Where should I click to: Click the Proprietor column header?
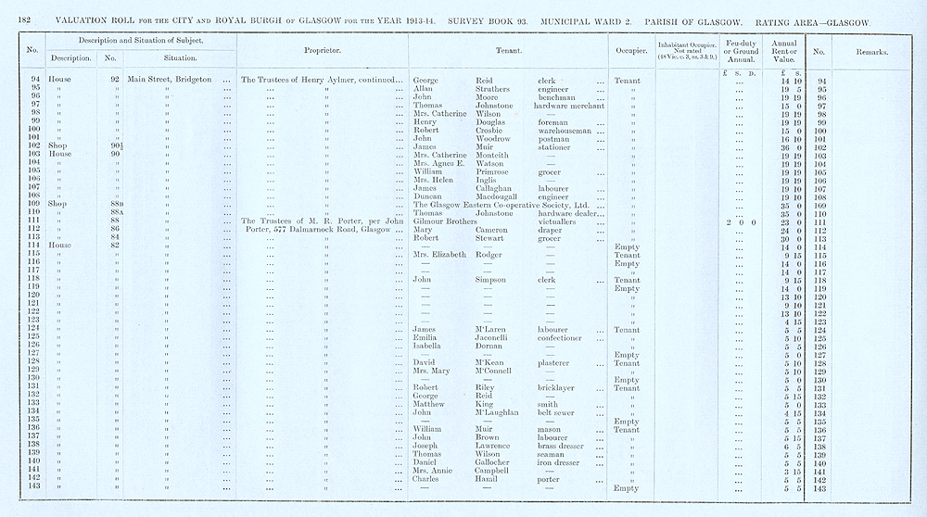point(322,50)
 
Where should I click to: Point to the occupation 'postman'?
point(553,138)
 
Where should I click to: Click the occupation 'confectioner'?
point(565,337)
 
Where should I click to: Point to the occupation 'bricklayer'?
point(560,387)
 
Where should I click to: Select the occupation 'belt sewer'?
point(559,412)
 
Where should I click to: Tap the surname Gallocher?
point(498,462)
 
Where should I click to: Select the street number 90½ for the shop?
point(116,146)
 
